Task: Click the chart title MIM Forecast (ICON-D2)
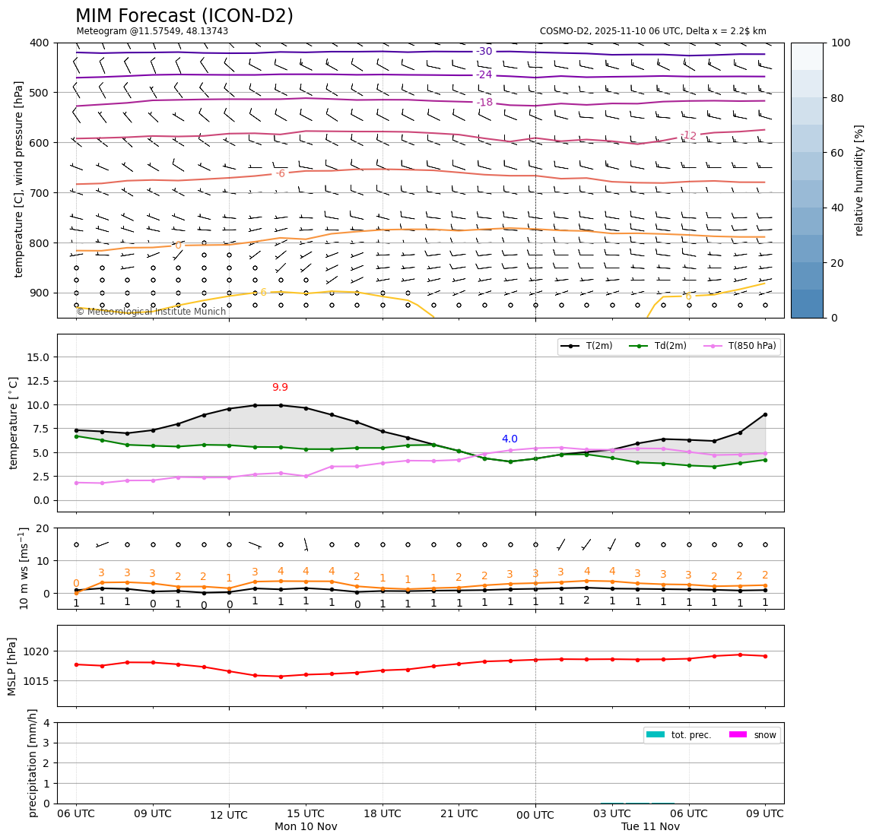pos(184,16)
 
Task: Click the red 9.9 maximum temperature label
pos(280,388)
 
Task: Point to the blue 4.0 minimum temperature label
pos(510,439)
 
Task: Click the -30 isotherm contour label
pos(484,52)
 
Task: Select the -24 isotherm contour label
pos(484,74)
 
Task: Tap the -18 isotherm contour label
pos(484,103)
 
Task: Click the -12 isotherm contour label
pos(688,135)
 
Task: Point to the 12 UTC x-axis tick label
pos(229,815)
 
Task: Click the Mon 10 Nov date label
pos(306,827)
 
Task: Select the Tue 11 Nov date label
pos(650,827)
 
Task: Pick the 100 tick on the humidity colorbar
pos(841,43)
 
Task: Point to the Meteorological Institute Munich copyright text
pos(151,312)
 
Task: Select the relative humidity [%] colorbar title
pos(859,180)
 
